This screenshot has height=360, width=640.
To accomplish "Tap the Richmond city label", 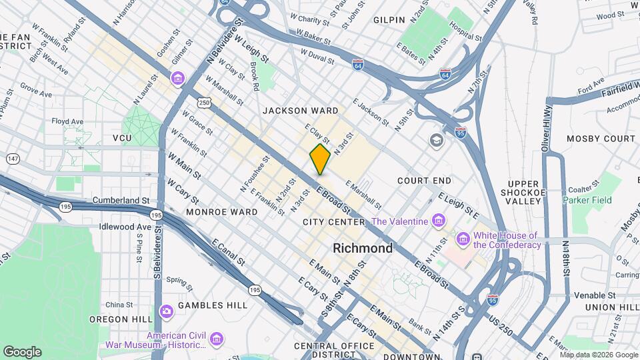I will (363, 248).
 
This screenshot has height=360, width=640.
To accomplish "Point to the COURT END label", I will (424, 181).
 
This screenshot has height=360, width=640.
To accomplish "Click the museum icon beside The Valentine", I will (438, 221).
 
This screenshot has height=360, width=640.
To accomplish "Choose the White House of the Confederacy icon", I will (462, 238).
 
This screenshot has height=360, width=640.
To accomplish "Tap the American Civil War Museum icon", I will (216, 340).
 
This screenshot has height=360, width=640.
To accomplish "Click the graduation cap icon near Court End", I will (436, 141).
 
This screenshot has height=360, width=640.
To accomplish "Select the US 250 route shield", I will (203, 102).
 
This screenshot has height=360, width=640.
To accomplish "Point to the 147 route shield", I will (12, 159).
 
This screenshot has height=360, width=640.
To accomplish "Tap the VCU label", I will (122, 138).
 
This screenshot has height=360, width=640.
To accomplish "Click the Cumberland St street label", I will (121, 200).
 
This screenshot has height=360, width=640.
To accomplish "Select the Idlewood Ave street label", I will (125, 227).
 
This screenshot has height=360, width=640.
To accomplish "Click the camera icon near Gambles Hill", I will (167, 311).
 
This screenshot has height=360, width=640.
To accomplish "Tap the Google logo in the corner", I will (22, 351).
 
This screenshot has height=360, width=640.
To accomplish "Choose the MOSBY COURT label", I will (601, 139).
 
